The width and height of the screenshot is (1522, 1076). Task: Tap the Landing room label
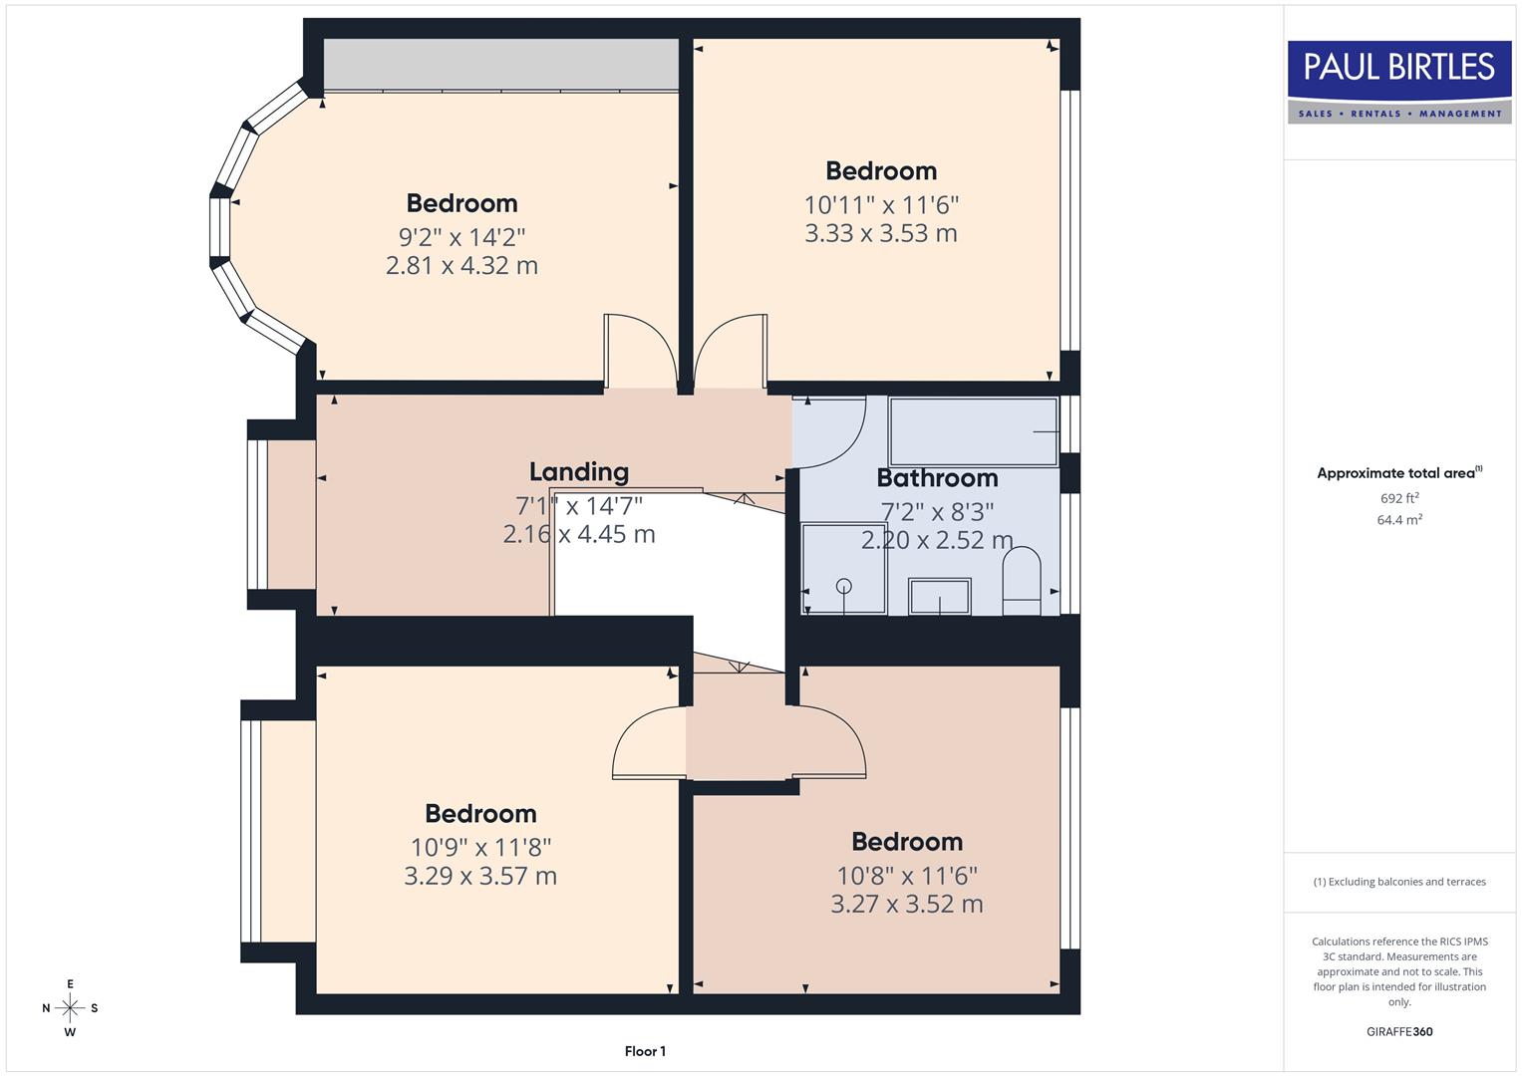[578, 471]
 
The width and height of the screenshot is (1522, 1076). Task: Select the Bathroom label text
[937, 478]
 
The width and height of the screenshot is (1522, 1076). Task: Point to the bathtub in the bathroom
[973, 431]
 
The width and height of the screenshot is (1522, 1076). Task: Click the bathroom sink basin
[939, 597]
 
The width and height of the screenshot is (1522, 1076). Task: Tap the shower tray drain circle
[844, 586]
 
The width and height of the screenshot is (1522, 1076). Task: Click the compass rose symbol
[70, 1008]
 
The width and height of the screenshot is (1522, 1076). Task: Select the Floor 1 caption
[645, 1051]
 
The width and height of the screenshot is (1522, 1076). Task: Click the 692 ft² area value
[1399, 498]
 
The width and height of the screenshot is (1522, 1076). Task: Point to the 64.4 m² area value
[1399, 519]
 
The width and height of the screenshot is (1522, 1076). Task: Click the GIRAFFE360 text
[1399, 1031]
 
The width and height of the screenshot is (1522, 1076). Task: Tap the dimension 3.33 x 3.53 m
[881, 233]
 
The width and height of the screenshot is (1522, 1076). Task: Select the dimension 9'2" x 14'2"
[461, 237]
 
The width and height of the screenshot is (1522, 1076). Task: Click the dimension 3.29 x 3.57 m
[480, 876]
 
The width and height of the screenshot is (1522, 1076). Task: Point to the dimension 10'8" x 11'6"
[907, 876]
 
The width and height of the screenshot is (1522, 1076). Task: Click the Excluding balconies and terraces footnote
[1399, 882]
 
